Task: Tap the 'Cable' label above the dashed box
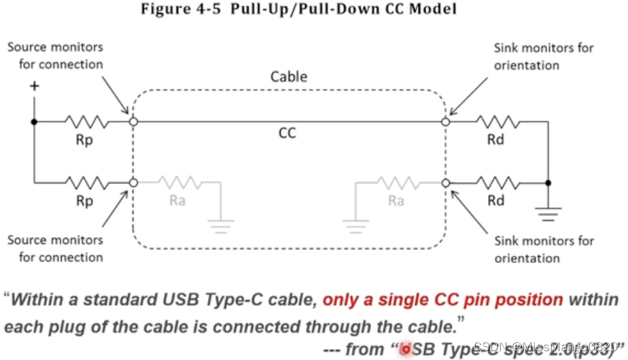[x=289, y=76]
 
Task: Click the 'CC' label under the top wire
[x=287, y=132]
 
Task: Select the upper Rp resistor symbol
[x=86, y=122]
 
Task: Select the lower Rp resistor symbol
[x=86, y=182]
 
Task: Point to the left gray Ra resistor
[x=180, y=182]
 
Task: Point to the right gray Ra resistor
[x=397, y=182]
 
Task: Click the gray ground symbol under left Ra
[x=220, y=225]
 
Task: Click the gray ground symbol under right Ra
[x=355, y=225]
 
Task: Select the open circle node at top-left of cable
[x=134, y=122]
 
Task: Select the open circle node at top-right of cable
[x=446, y=122]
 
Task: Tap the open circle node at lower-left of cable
[x=134, y=182]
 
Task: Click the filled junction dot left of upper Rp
[x=33, y=122]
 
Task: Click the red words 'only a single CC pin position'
[x=442, y=300]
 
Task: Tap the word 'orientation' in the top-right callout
[x=527, y=65]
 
